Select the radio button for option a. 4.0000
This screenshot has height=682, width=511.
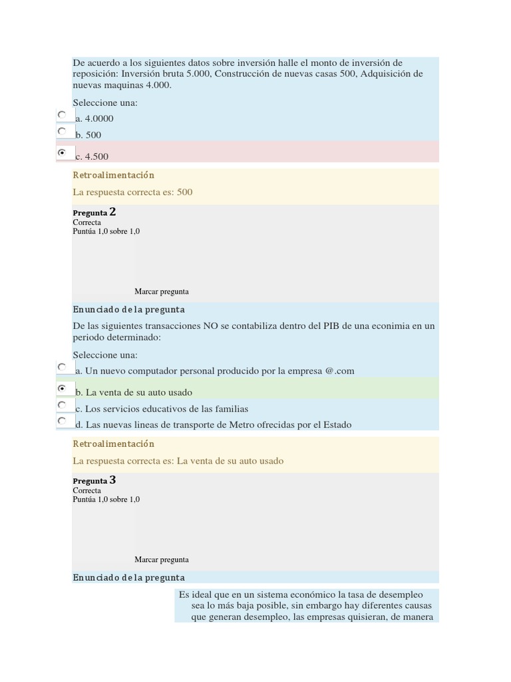pyautogui.click(x=62, y=115)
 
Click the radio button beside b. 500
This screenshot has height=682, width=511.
pyautogui.click(x=62, y=131)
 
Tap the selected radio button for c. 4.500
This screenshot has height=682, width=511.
pyautogui.click(x=62, y=153)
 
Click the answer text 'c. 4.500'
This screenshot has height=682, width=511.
pyautogui.click(x=92, y=157)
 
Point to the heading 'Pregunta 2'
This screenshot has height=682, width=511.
pyautogui.click(x=94, y=212)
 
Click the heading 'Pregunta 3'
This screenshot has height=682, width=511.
pyautogui.click(x=94, y=480)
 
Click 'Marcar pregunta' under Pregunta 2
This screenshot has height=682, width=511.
pyautogui.click(x=162, y=291)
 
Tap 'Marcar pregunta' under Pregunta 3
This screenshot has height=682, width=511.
pyautogui.click(x=162, y=559)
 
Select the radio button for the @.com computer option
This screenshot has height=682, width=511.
pyautogui.click(x=62, y=367)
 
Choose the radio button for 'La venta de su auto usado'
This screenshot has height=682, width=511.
pyautogui.click(x=62, y=388)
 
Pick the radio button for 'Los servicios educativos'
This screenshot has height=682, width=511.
pyautogui.click(x=62, y=405)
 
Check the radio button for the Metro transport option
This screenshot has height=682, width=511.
pyautogui.click(x=62, y=421)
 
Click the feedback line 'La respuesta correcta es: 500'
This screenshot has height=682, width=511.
pyautogui.click(x=133, y=192)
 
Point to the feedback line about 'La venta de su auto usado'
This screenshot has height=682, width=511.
pyautogui.click(x=178, y=461)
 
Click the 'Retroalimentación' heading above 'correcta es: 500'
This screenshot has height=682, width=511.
pyautogui.click(x=114, y=175)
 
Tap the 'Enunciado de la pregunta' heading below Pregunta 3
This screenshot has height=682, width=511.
pyautogui.click(x=129, y=577)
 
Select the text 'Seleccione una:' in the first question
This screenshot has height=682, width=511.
pyautogui.click(x=105, y=103)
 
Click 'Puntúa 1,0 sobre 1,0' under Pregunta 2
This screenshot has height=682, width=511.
pyautogui.click(x=106, y=232)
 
